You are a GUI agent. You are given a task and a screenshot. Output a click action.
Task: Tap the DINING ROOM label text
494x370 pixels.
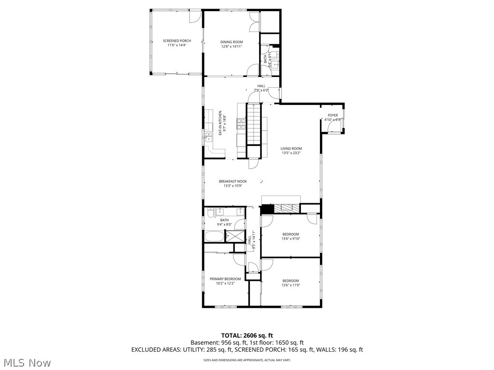pyautogui.click(x=232, y=42)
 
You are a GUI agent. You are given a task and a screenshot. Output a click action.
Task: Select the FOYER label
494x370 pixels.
pyautogui.click(x=333, y=116)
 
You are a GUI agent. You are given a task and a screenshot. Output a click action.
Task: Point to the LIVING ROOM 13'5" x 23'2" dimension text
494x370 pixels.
pyautogui.click(x=291, y=153)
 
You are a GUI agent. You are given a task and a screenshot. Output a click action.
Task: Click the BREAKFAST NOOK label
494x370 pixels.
pyautogui.click(x=233, y=182)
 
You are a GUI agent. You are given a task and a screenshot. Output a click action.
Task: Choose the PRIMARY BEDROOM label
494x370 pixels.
pyautogui.click(x=225, y=279)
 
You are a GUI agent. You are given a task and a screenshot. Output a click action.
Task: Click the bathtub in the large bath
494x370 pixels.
pyautogui.click(x=214, y=237)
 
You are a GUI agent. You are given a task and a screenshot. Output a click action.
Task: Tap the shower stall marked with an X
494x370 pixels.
pyautogui.click(x=235, y=236)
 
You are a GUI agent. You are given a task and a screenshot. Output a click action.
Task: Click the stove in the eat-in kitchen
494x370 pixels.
pyautogui.click(x=240, y=124)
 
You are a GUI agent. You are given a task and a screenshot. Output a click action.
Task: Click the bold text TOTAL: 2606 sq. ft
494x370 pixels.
pyautogui.click(x=247, y=335)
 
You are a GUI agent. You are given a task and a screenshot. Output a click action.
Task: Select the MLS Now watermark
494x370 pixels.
pyautogui.click(x=27, y=362)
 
